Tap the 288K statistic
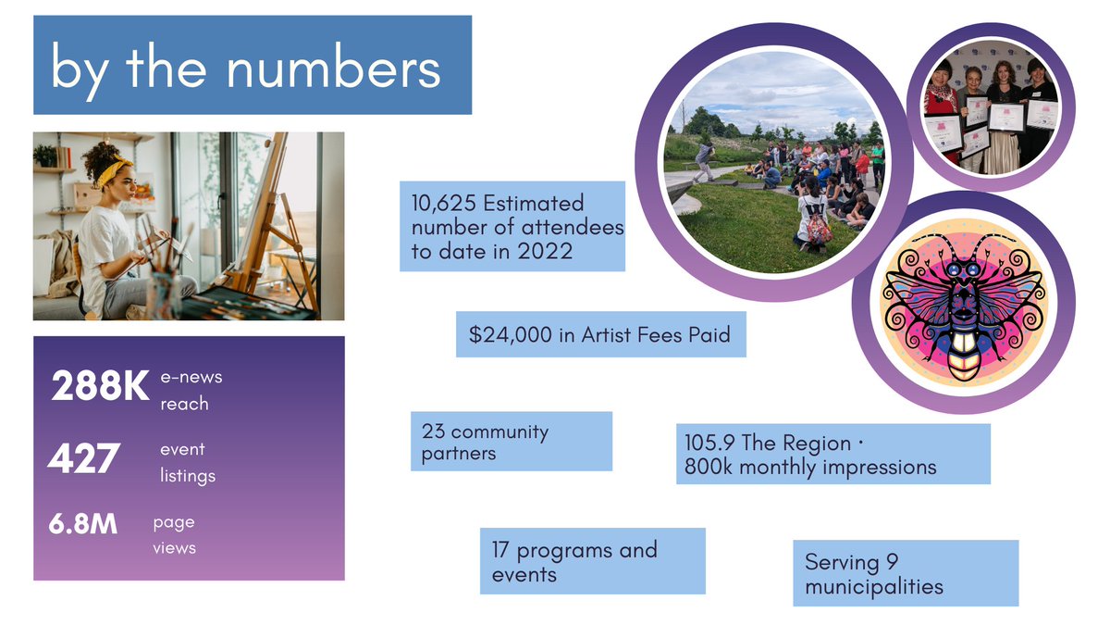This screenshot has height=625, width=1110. tap(99, 387)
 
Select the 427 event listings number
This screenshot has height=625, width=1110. tap(84, 458)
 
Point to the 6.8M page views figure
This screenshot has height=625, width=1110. tap(83, 525)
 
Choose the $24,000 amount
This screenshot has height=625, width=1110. tap(510, 335)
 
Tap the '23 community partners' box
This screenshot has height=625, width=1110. tap(511, 442)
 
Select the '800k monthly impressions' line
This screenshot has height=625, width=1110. tap(809, 468)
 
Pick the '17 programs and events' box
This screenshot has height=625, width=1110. tap(592, 561)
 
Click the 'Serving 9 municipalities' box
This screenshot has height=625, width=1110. tap(905, 574)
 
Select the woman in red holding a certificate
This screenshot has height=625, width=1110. tap(942, 102)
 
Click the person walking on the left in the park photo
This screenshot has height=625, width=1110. tap(705, 161)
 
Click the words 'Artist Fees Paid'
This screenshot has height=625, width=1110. tap(656, 335)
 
